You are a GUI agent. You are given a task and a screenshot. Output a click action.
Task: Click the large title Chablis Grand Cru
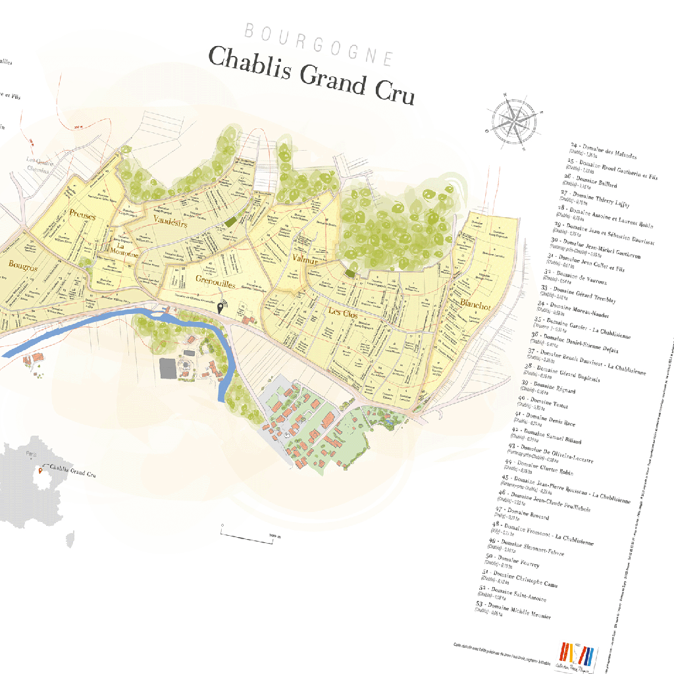tap(311, 75)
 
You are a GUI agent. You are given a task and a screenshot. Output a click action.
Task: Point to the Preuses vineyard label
tap(82, 215)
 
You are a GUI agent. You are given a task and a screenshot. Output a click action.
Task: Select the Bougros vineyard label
tap(23, 266)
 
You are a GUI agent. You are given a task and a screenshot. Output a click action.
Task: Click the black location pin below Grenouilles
tap(220, 307)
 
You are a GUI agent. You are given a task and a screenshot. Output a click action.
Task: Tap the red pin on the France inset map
tap(40, 471)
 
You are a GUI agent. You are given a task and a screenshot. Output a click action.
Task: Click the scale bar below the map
tap(250, 533)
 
